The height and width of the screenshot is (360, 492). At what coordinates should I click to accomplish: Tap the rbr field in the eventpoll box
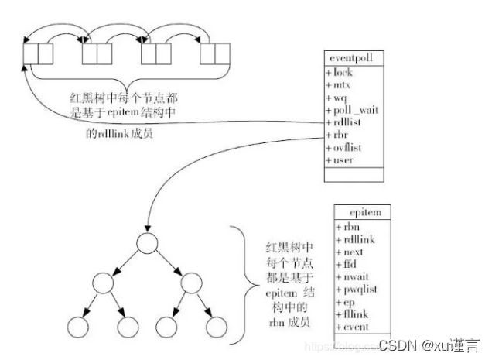(340, 135)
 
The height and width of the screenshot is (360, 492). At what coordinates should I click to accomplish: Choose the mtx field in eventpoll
(340, 85)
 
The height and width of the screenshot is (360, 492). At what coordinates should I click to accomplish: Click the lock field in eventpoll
(341, 73)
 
